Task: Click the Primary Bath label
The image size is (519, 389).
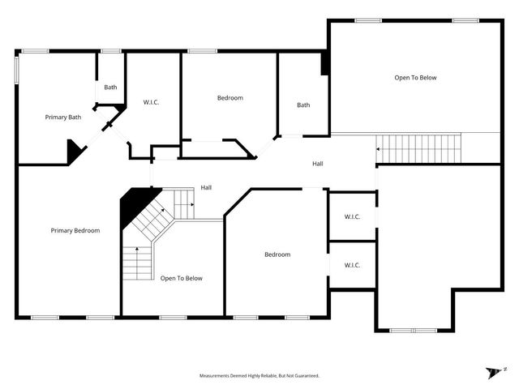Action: click(63, 118)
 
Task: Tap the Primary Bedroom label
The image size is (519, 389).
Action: click(75, 230)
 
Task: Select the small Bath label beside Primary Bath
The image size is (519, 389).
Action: click(110, 88)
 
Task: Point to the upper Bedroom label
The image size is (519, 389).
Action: click(229, 98)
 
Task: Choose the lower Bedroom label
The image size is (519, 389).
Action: click(277, 254)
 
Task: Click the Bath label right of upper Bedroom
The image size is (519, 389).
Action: click(303, 105)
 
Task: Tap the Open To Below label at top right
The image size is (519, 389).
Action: click(415, 78)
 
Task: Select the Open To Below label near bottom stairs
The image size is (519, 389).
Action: click(182, 278)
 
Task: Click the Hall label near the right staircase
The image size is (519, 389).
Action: click(319, 164)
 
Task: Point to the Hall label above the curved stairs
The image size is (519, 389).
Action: click(207, 188)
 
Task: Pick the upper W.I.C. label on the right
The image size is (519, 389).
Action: click(352, 216)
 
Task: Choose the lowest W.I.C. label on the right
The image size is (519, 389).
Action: click(352, 265)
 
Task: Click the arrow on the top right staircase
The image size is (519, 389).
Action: click(378, 148)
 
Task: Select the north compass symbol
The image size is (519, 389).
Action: click(495, 371)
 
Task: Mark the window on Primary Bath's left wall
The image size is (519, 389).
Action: click(17, 69)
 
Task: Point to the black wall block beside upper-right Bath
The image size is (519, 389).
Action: click(325, 63)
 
